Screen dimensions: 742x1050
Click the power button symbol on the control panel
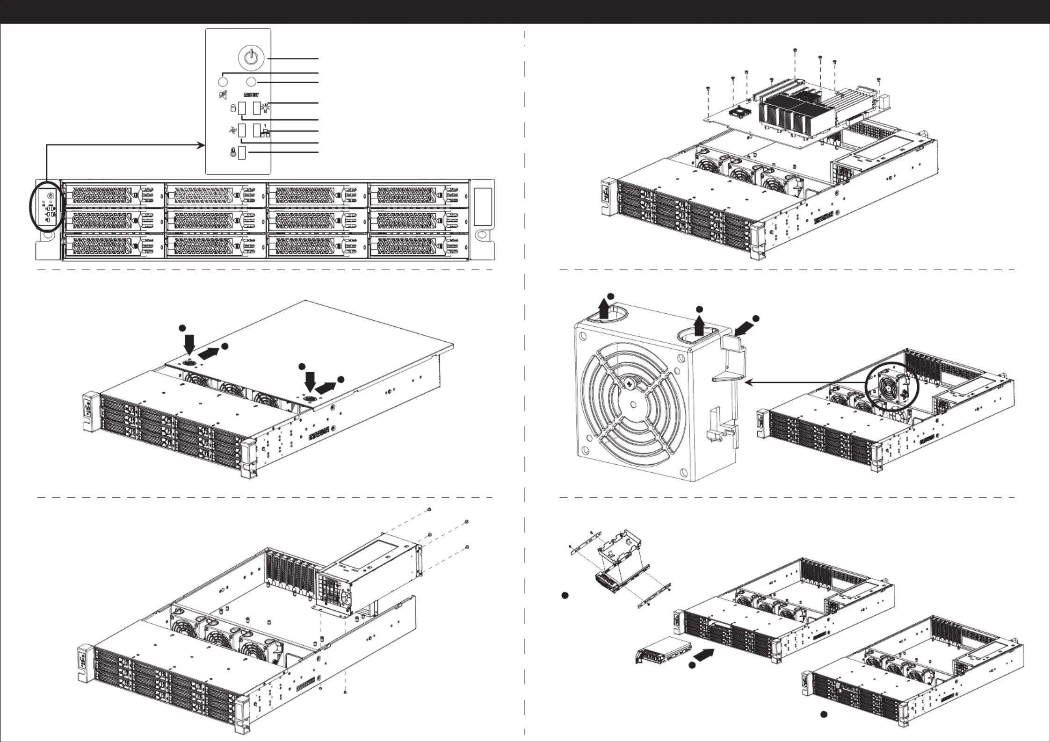coord(252,58)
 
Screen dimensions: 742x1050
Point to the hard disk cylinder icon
coord(232,109)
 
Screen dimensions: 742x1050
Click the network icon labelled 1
coord(265,132)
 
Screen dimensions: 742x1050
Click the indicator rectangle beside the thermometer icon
coord(242,152)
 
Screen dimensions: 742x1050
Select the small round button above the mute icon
coord(223,82)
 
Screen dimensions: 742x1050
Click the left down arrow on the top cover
coord(189,344)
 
